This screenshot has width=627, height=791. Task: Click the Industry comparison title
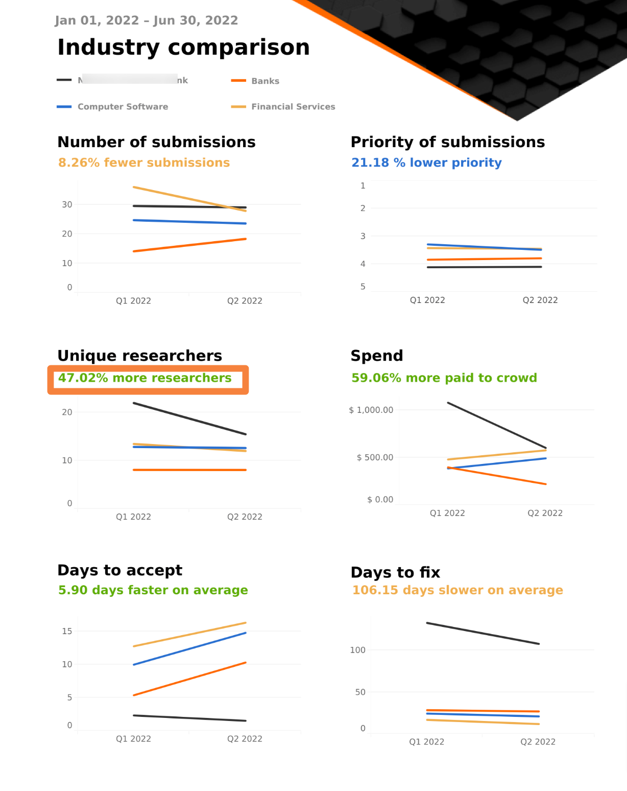click(183, 48)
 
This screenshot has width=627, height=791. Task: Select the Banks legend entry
click(265, 81)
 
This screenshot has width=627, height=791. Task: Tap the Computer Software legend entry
click(123, 106)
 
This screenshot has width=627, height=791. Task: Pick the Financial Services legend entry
click(293, 106)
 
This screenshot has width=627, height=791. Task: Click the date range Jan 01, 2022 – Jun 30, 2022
click(147, 20)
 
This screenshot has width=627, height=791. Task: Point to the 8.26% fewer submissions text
click(144, 162)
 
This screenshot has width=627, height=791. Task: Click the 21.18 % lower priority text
click(426, 162)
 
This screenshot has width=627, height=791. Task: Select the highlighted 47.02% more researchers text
click(145, 378)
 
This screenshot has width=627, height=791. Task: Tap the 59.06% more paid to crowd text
click(444, 378)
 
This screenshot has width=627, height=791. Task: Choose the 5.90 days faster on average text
click(153, 590)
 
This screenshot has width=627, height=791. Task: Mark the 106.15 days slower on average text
click(457, 590)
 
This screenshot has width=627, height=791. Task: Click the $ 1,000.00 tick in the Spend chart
click(371, 410)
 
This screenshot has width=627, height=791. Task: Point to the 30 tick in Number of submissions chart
click(67, 204)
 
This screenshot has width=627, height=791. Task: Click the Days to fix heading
click(395, 572)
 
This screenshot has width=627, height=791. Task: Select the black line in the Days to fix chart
click(483, 634)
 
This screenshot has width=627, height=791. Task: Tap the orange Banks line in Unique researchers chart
click(189, 470)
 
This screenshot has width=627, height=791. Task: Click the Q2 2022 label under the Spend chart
click(545, 513)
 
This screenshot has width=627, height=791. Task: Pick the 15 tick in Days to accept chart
click(67, 631)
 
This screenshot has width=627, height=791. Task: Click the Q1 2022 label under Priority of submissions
click(427, 300)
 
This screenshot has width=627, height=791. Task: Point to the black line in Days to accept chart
click(189, 718)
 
